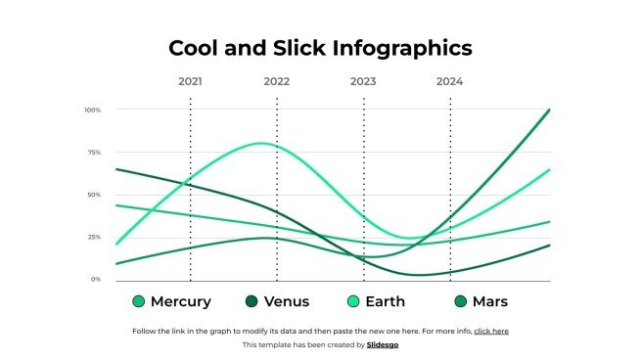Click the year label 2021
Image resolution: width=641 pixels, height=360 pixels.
pyautogui.click(x=190, y=81)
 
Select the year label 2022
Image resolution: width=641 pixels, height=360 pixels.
pyautogui.click(x=277, y=81)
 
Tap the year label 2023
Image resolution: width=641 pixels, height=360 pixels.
pyautogui.click(x=363, y=81)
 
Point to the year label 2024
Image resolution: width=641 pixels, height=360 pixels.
pyautogui.click(x=449, y=81)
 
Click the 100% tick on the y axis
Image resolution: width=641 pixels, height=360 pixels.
pyautogui.click(x=93, y=110)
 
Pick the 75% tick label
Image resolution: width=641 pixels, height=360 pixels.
pyautogui.click(x=94, y=153)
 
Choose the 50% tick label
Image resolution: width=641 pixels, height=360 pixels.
pyautogui.click(x=94, y=195)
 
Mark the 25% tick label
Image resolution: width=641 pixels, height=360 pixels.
pyautogui.click(x=94, y=237)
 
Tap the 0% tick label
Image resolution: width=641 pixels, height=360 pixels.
pyautogui.click(x=96, y=279)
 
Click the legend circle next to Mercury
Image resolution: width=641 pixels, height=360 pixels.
pyautogui.click(x=138, y=301)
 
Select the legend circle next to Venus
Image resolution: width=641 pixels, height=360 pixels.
pyautogui.click(x=252, y=301)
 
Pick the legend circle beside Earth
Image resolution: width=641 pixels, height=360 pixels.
pyautogui.click(x=355, y=301)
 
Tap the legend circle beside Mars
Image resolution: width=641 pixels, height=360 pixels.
pyautogui.click(x=462, y=301)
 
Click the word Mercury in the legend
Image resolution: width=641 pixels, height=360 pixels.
pyautogui.click(x=181, y=301)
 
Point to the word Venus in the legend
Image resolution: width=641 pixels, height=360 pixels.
pyautogui.click(x=288, y=301)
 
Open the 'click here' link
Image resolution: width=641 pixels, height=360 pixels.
pyautogui.click(x=491, y=331)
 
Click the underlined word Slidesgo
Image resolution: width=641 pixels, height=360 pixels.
pyautogui.click(x=383, y=344)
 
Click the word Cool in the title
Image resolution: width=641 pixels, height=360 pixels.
pyautogui.click(x=193, y=48)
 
